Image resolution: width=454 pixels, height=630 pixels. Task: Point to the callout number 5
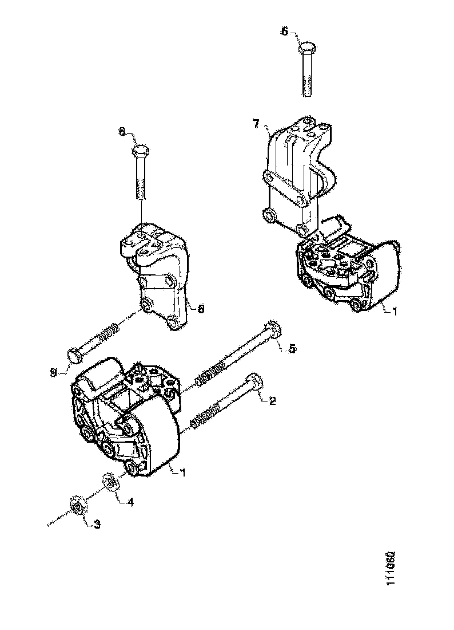pos(292,348)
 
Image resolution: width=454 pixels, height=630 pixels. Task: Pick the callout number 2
pos(273,401)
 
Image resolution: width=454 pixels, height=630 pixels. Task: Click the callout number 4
pos(130,502)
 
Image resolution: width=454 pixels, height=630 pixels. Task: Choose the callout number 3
pos(97,524)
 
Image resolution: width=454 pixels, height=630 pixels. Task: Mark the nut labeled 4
pos(110,482)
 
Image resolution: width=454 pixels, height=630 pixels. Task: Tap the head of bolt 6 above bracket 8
pos(140,153)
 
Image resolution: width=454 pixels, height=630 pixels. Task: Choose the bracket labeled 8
pos(157,275)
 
